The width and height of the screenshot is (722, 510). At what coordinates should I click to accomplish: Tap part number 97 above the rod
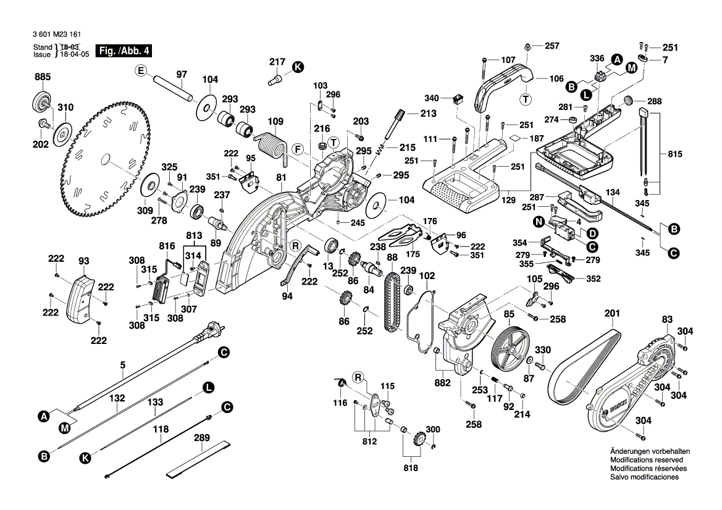click(181, 75)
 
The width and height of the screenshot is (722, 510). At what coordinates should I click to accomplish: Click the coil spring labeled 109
click(272, 146)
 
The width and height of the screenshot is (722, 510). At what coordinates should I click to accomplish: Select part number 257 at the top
click(552, 46)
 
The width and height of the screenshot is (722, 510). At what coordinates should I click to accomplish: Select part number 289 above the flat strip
click(202, 438)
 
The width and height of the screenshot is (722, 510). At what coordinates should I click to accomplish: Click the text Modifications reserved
click(646, 460)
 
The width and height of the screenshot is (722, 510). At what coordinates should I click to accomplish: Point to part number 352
click(593, 278)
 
